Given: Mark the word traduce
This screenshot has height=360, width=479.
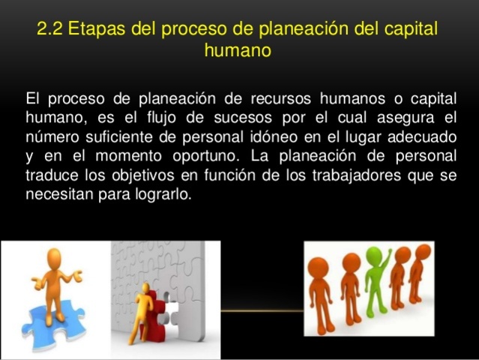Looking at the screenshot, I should [51, 175].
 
